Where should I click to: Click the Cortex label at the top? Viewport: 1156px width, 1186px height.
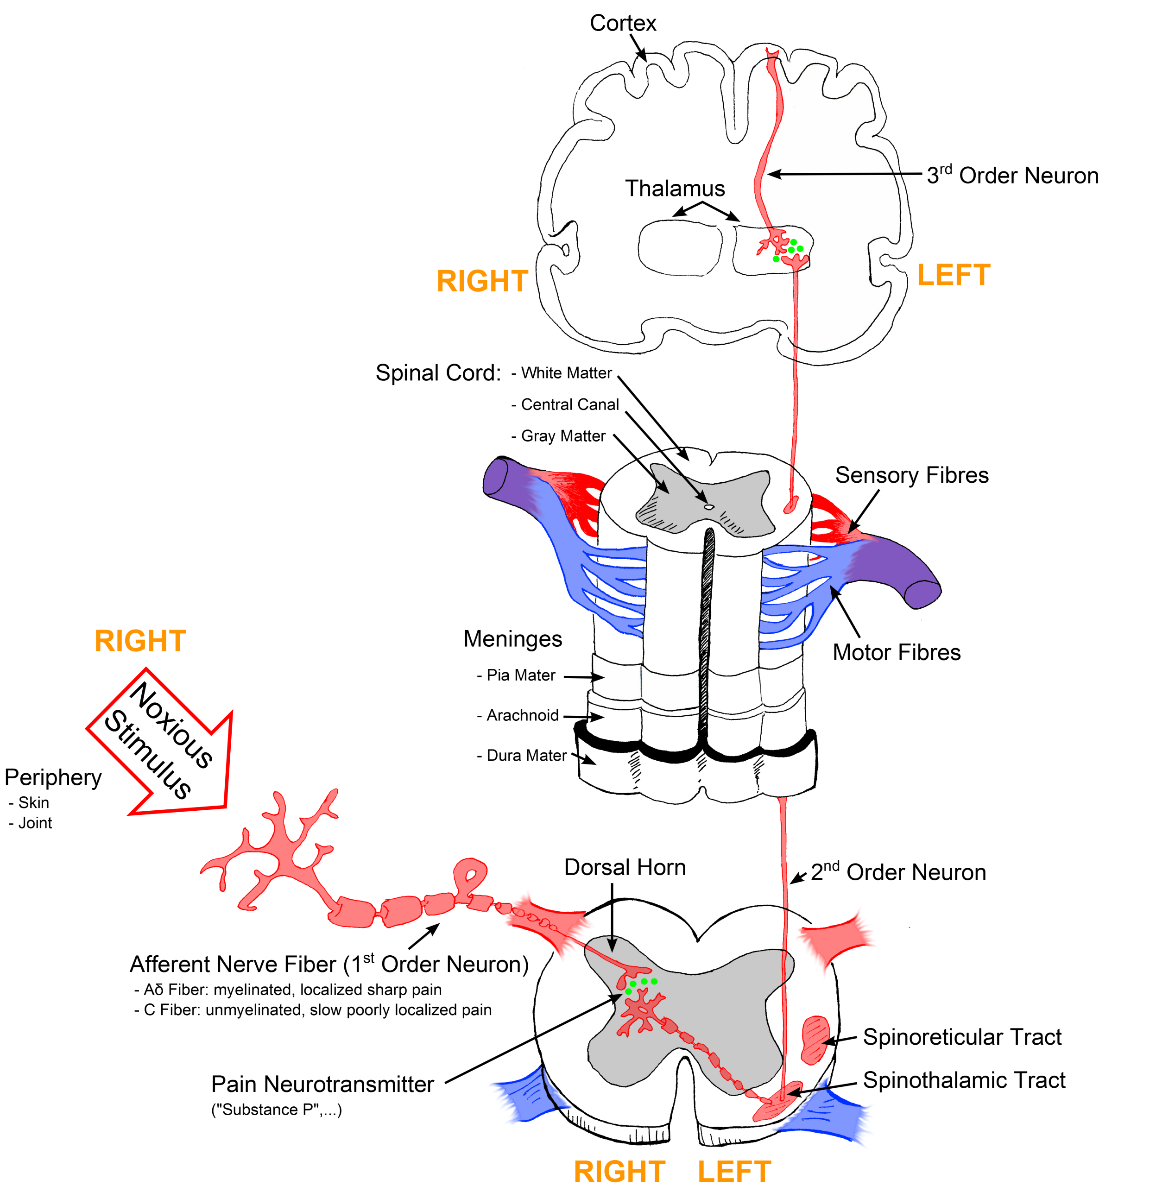coord(622,23)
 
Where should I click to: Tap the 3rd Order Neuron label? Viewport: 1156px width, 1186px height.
coord(1011,176)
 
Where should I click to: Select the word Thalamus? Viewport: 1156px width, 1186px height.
coord(675,188)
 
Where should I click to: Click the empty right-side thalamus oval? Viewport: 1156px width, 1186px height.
coord(679,247)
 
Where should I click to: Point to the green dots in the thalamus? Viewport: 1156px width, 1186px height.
coord(790,249)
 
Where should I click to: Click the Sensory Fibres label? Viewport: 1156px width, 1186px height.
coord(911,475)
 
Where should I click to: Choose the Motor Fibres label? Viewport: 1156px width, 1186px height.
coord(896,652)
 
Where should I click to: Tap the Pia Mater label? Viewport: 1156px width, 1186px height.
coord(520,675)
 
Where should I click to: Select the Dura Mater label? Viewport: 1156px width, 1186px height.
coord(526,755)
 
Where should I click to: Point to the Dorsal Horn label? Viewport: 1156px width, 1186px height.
coord(624,867)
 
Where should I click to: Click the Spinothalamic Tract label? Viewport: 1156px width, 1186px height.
coord(964,1080)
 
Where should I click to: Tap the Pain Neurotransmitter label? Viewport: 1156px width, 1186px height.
coord(322,1084)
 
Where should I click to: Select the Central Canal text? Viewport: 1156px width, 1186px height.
coord(569,404)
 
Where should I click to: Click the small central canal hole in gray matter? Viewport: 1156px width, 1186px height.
coord(708,507)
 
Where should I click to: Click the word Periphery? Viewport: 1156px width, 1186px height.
coord(53,777)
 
